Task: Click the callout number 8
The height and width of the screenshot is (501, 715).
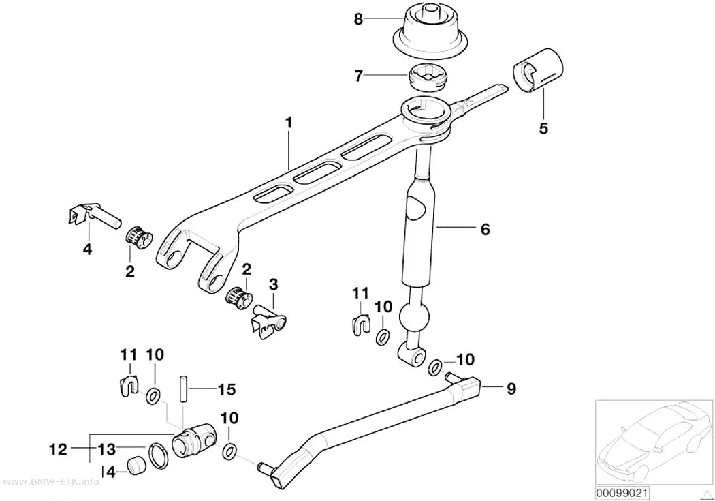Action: point(358,19)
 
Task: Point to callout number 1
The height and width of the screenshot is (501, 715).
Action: point(288,123)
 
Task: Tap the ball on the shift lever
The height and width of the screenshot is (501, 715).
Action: point(415,316)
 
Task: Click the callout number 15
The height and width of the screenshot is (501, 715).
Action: point(226,389)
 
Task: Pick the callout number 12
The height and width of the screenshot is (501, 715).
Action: point(58,449)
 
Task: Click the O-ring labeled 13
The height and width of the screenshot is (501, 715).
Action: point(158,455)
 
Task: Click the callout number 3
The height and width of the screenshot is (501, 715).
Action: point(272,285)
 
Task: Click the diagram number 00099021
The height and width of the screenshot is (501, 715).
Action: point(622,493)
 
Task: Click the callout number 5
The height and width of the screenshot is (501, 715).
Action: point(543,128)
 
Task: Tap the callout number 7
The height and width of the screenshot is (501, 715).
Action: point(358,76)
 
